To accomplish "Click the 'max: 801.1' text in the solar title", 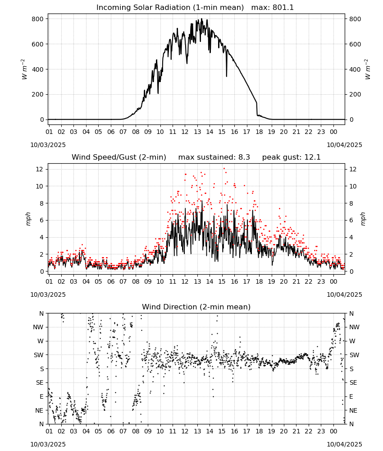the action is point(273,8).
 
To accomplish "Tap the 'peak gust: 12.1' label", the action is point(291,157).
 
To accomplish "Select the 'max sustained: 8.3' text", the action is point(214,157).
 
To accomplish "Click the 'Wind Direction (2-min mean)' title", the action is point(196,307).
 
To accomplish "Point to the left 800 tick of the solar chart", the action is point(38,19).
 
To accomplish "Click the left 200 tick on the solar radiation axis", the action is point(38,94).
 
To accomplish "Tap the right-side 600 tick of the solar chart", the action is point(355,44).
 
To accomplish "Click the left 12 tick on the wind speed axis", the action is point(40,169).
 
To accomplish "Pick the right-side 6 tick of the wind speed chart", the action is point(351,221).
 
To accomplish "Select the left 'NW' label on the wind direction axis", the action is point(38,327).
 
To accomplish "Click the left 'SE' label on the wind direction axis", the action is point(40,382).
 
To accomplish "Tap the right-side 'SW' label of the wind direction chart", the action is point(354,355).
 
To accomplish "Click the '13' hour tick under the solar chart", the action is point(197,132).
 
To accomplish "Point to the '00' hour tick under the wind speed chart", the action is point(333,281).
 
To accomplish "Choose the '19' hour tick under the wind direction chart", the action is point(272,431).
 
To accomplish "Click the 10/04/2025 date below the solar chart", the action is point(344,145).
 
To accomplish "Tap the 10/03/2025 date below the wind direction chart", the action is point(48,444).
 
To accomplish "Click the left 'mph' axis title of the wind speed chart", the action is point(28,219).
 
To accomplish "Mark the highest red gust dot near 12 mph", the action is point(224,169).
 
